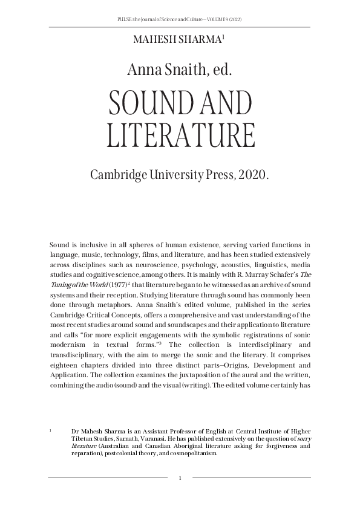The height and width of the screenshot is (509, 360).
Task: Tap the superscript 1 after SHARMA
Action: pos(223,37)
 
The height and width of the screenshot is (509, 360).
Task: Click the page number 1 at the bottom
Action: pos(180,479)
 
